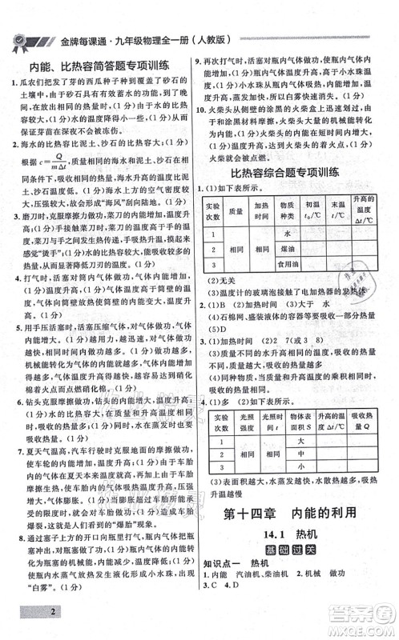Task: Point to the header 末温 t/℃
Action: click(345, 212)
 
